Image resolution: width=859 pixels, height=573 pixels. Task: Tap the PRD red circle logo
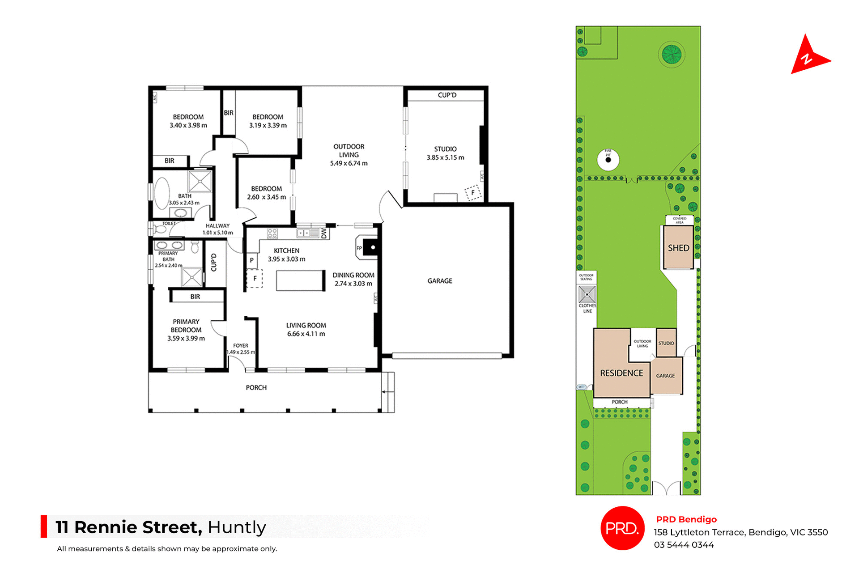(x=622, y=528)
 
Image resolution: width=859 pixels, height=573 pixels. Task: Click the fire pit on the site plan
(x=608, y=160)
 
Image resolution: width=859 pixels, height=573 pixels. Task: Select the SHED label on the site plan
(x=678, y=248)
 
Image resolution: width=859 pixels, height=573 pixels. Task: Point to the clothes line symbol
(x=587, y=294)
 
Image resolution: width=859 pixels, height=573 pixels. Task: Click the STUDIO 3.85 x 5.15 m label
(x=445, y=153)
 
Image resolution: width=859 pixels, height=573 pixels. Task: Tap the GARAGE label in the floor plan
(x=439, y=281)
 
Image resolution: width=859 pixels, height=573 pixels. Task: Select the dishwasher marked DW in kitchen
(x=324, y=233)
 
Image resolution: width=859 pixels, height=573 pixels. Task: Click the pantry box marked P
(x=251, y=260)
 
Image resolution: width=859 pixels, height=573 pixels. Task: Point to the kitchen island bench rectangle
(x=300, y=281)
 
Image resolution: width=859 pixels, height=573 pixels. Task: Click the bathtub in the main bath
(x=162, y=194)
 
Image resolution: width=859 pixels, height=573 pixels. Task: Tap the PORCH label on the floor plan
(x=256, y=388)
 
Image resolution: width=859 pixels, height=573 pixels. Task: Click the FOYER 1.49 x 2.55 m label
(x=241, y=349)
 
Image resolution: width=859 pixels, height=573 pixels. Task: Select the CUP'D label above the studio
(x=447, y=95)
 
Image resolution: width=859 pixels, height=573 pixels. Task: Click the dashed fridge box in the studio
(x=473, y=193)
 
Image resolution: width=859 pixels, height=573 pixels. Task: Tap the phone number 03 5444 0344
(x=684, y=545)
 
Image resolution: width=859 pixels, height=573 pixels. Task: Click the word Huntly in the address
(x=237, y=527)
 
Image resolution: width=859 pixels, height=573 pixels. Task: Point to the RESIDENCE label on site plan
(x=621, y=373)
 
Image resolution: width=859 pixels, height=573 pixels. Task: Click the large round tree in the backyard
(x=672, y=55)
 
